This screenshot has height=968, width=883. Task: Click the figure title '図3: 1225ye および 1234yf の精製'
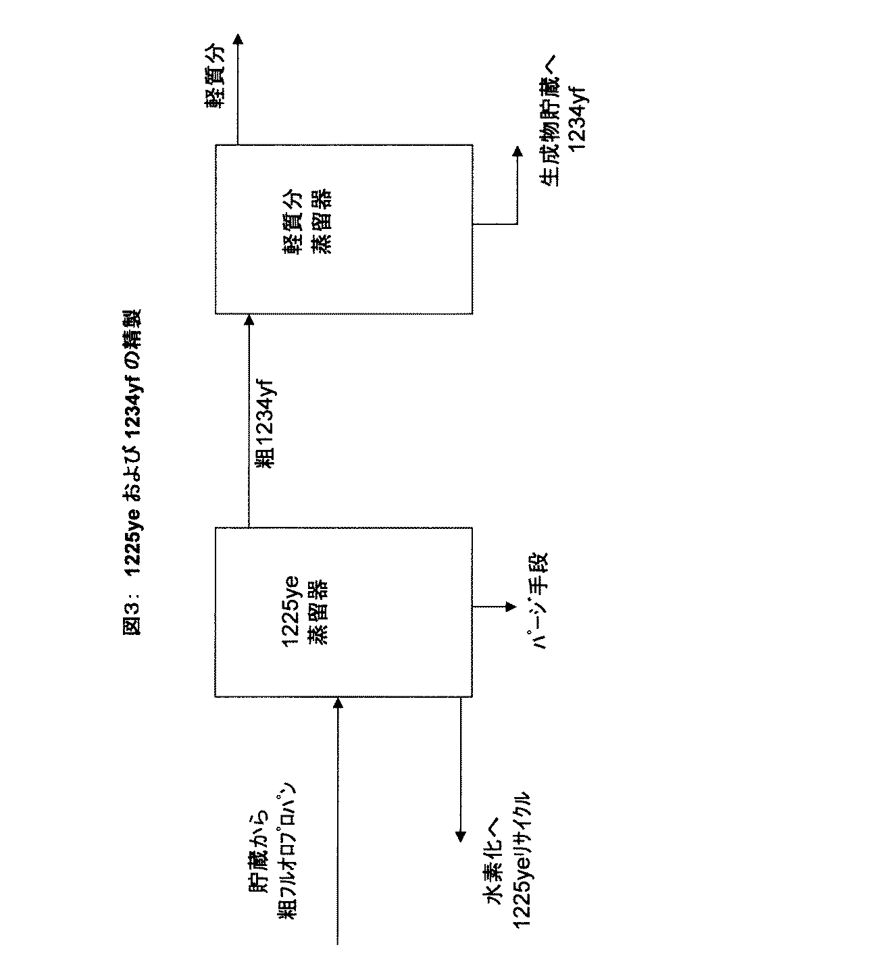(132, 472)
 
